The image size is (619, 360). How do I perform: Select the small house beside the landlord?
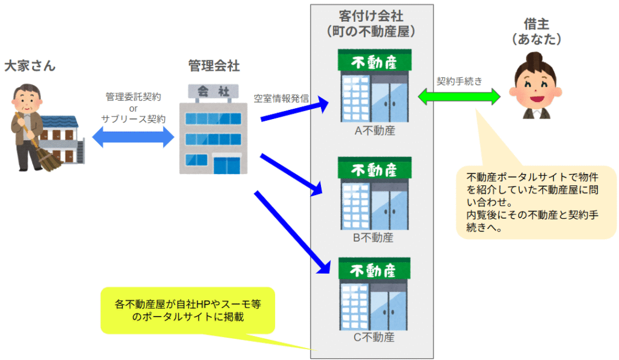(x=61, y=140)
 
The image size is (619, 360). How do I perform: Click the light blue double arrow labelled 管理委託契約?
(x=133, y=138)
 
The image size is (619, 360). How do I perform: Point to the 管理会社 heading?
(x=214, y=65)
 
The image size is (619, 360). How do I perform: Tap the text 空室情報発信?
(x=282, y=97)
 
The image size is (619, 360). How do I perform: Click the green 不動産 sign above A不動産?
(x=374, y=61)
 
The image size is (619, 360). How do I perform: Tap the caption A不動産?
(x=374, y=130)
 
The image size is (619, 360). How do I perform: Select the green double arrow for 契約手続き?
(x=460, y=96)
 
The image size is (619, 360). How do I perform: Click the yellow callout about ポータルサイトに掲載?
(x=187, y=309)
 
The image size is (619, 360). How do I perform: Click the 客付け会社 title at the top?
(x=371, y=14)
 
